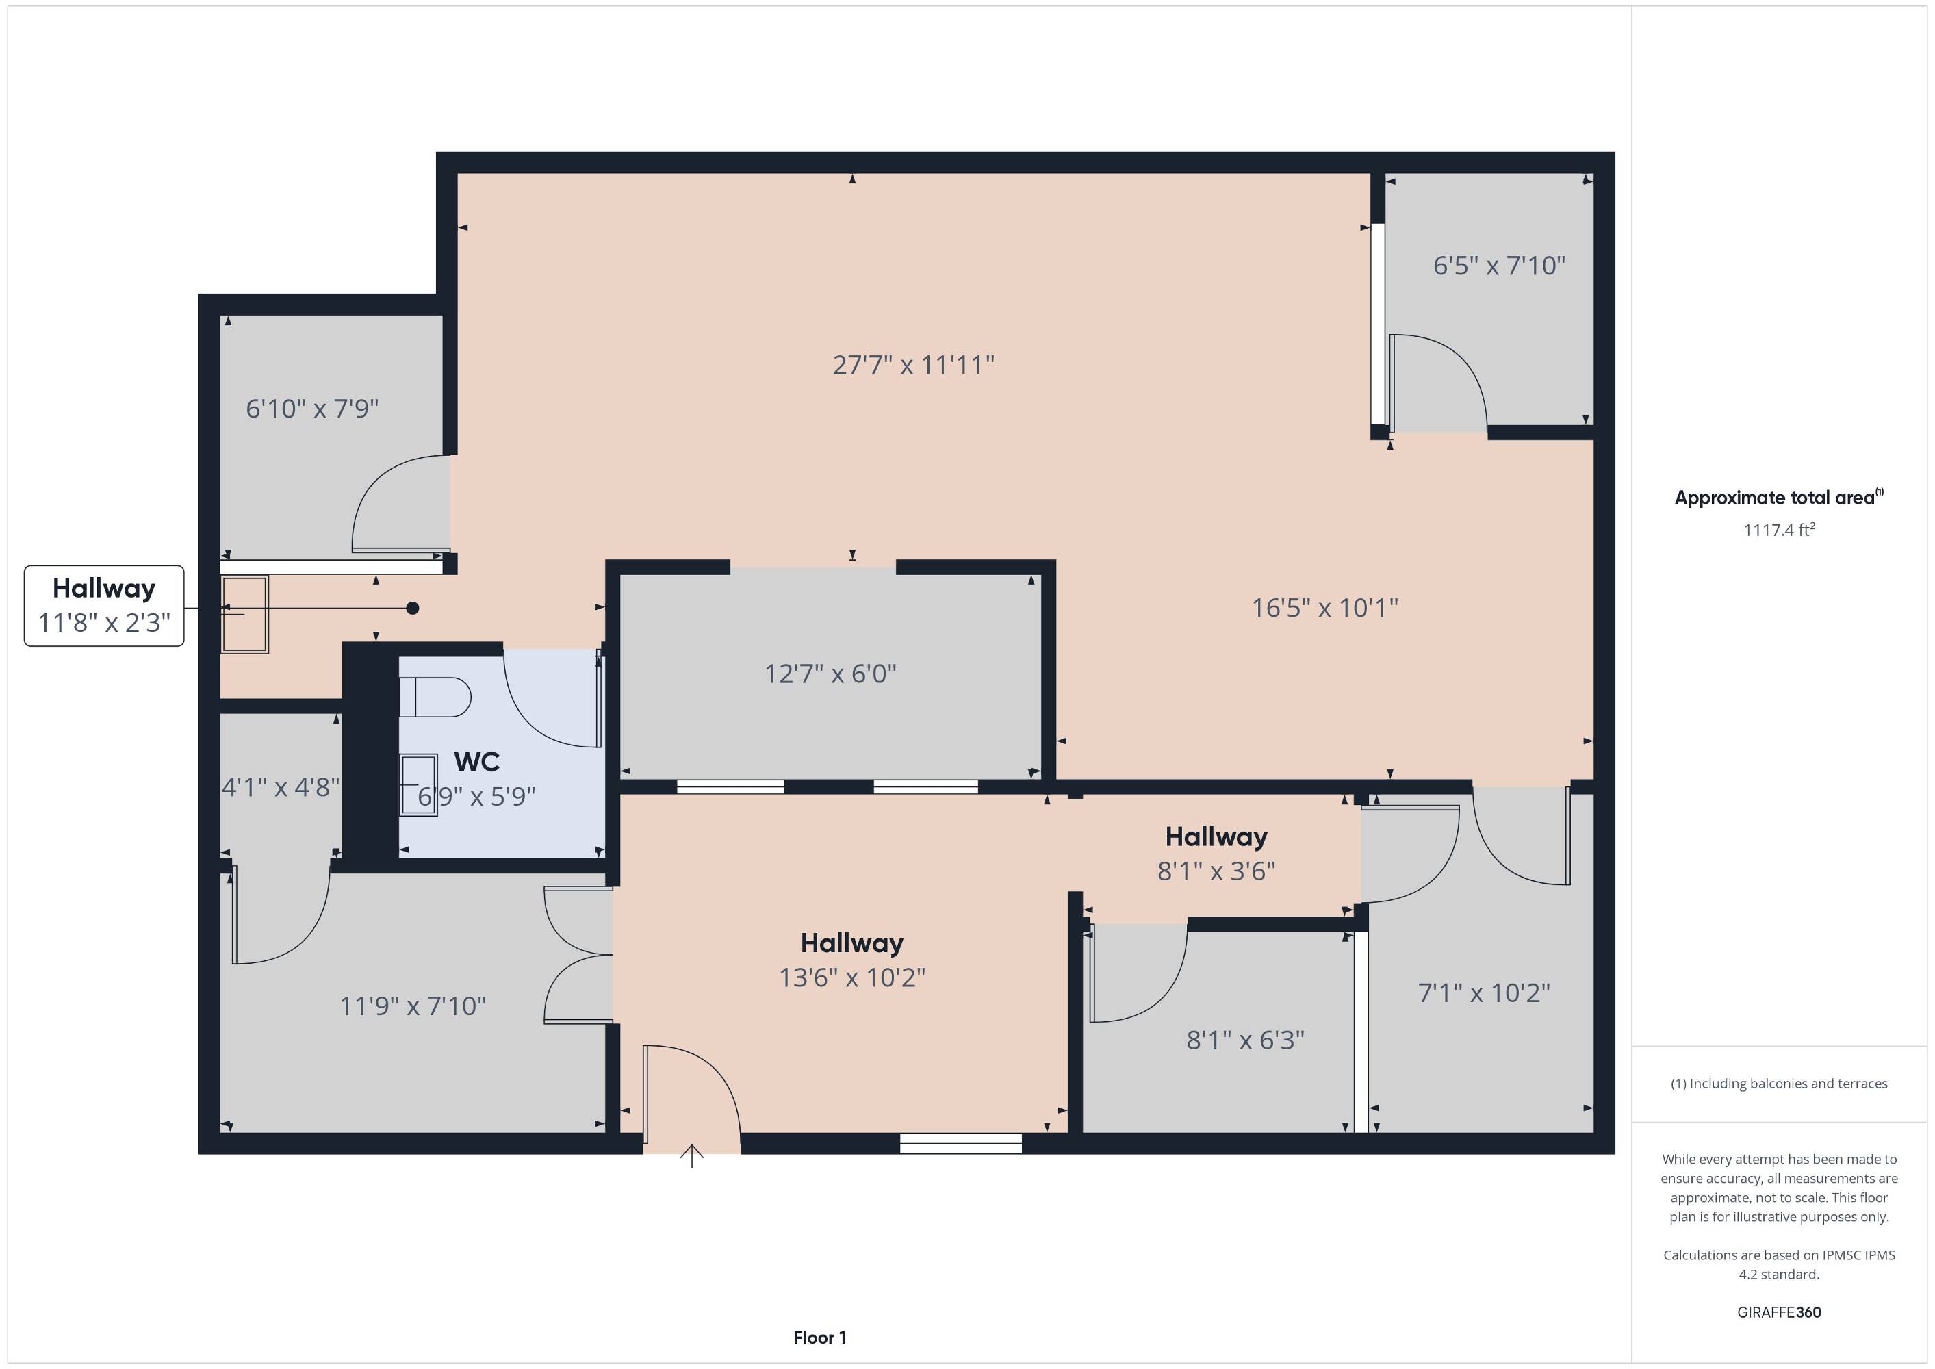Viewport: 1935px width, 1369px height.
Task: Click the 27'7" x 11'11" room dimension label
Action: pyautogui.click(x=914, y=365)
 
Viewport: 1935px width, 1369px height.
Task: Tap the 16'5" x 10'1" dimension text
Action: pyautogui.click(x=1325, y=608)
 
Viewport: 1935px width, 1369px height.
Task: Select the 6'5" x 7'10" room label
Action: pyautogui.click(x=1499, y=266)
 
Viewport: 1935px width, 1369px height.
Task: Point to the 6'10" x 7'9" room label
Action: pyautogui.click(x=312, y=409)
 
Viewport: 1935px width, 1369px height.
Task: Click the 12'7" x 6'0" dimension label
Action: pyautogui.click(x=830, y=674)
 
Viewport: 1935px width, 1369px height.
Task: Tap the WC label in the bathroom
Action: pyautogui.click(x=477, y=762)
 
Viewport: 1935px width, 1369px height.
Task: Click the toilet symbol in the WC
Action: pyautogui.click(x=435, y=697)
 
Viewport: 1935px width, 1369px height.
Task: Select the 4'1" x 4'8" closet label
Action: pyautogui.click(x=281, y=787)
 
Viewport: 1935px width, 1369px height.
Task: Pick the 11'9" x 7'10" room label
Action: pyautogui.click(x=413, y=1006)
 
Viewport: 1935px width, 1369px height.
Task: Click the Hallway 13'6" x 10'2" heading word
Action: pyautogui.click(x=852, y=943)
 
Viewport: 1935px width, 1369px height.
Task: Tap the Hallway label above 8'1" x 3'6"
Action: pyautogui.click(x=1216, y=836)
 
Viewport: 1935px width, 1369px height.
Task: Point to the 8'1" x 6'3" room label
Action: pyautogui.click(x=1246, y=1040)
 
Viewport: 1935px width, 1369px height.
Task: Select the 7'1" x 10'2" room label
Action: pyautogui.click(x=1484, y=993)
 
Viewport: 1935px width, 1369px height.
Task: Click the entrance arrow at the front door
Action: pyautogui.click(x=692, y=1155)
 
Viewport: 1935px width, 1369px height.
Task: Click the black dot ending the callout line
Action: pyautogui.click(x=412, y=608)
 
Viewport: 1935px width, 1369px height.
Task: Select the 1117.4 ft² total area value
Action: pyautogui.click(x=1779, y=529)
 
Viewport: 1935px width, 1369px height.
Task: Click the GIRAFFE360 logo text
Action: pyautogui.click(x=1779, y=1312)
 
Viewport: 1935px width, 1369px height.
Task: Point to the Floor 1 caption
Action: pyautogui.click(x=819, y=1337)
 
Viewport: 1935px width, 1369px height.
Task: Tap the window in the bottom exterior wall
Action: pyautogui.click(x=961, y=1143)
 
